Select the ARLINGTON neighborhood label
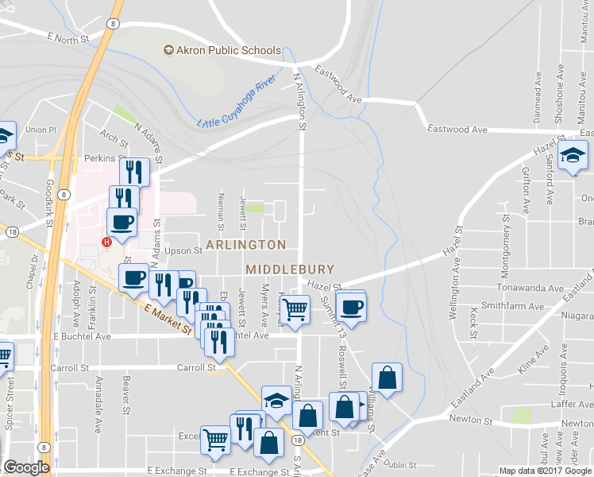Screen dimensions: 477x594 (246, 244)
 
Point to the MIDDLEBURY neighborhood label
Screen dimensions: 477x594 (290, 270)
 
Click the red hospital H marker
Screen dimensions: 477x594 (105, 242)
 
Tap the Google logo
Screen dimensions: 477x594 (26, 467)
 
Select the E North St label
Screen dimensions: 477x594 (71, 37)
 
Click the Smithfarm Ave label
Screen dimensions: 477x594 (520, 304)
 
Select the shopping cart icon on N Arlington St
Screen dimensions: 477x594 (295, 309)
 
